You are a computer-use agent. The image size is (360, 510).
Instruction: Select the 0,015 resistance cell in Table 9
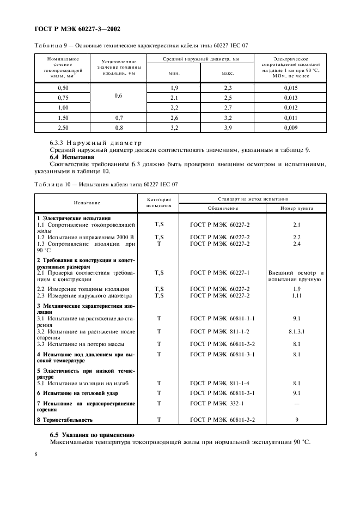tap(290, 88)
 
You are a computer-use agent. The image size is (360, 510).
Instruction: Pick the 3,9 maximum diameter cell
tap(228, 127)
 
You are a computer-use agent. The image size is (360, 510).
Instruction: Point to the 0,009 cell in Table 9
tap(290, 127)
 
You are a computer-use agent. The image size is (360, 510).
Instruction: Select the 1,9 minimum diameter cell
tap(174, 88)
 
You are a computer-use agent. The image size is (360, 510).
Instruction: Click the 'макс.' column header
tap(228, 72)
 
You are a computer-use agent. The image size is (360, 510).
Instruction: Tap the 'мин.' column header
tap(174, 72)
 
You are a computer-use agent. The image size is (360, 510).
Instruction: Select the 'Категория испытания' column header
tap(159, 203)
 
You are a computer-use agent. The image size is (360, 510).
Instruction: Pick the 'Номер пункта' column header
tap(296, 208)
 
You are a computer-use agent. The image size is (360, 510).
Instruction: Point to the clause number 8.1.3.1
tap(297, 331)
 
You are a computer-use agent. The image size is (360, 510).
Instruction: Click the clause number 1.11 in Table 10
tap(297, 295)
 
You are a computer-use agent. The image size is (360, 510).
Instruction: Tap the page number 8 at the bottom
tap(36, 454)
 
